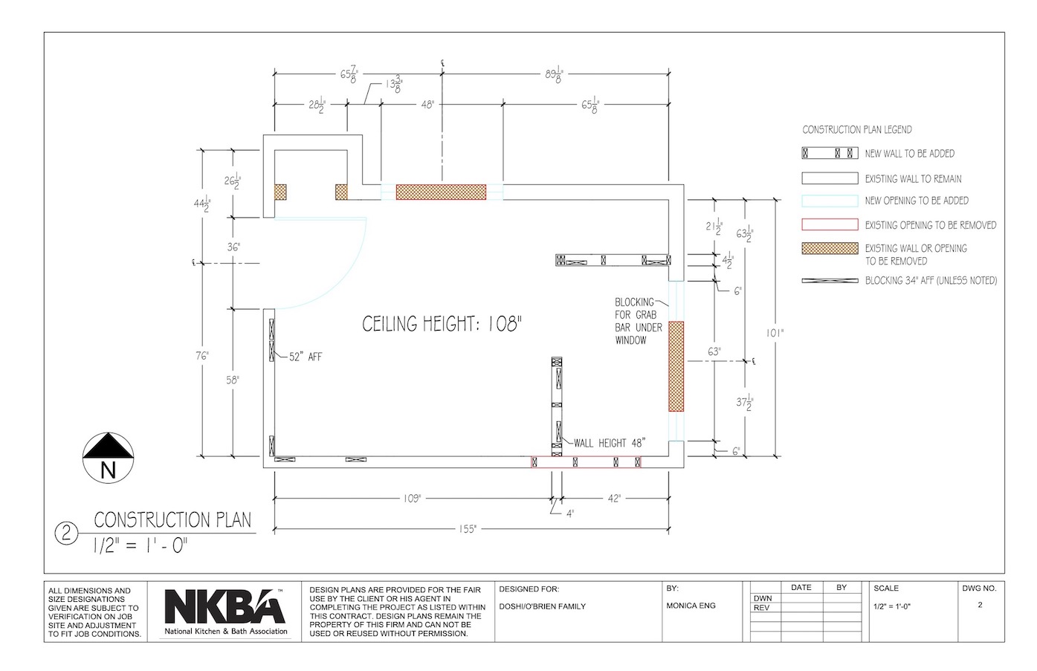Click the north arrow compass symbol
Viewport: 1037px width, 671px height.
pyautogui.click(x=109, y=458)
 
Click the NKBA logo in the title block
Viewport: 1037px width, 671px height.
pyautogui.click(x=225, y=612)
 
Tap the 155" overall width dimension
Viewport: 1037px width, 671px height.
pyautogui.click(x=468, y=529)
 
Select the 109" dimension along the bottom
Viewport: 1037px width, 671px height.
pyautogui.click(x=412, y=499)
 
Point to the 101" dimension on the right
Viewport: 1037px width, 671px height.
pyautogui.click(x=775, y=333)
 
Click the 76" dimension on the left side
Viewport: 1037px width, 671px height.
pyautogui.click(x=202, y=356)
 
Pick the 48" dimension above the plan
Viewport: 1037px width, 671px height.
pyautogui.click(x=427, y=105)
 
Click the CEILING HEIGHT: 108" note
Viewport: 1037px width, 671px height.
pyautogui.click(x=442, y=324)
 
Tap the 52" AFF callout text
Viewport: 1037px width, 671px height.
pyautogui.click(x=306, y=357)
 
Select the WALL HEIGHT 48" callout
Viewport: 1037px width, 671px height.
pyautogui.click(x=610, y=444)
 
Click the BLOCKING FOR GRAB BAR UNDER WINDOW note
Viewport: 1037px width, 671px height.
pyautogui.click(x=639, y=321)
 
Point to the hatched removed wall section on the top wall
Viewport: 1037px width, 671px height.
pyautogui.click(x=441, y=192)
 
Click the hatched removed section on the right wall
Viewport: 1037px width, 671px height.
pyautogui.click(x=676, y=366)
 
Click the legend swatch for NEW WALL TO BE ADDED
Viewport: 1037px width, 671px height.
pyautogui.click(x=830, y=153)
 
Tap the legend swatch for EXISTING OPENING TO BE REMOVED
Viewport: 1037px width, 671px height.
pyautogui.click(x=830, y=224)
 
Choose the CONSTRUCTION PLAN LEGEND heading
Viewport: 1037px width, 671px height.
pyautogui.click(x=857, y=129)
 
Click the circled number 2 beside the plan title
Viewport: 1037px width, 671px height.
pyautogui.click(x=66, y=534)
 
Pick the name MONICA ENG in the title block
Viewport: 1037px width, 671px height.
pyautogui.click(x=691, y=606)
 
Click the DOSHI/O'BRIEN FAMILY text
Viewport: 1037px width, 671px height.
pyautogui.click(x=542, y=606)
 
